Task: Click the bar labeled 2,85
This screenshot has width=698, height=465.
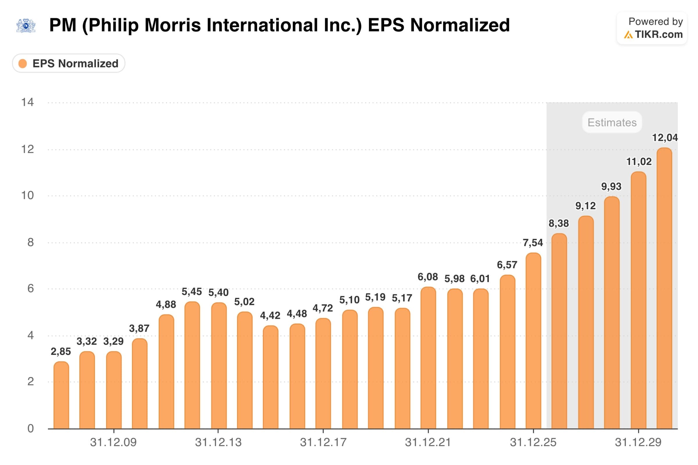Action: pos(61,395)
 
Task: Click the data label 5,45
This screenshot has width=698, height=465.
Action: pos(192,292)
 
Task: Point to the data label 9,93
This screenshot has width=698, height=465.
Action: pos(611,187)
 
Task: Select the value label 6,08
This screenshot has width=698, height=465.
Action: pos(428,277)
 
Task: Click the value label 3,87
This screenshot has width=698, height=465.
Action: pos(139,328)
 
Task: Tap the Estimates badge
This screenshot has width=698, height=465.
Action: pos(612,122)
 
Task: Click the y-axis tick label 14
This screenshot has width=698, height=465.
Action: pos(27,102)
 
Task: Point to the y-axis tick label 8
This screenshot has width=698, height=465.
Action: pos(30,243)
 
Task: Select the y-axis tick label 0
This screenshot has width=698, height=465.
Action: pos(30,428)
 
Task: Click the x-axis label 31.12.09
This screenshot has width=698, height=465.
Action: pos(113,442)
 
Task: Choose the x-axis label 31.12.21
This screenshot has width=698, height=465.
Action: pos(428,442)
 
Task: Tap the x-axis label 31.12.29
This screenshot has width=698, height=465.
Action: pos(638,442)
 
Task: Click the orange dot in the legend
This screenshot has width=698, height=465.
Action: pos(23,63)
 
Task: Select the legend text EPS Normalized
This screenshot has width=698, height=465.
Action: pos(75,63)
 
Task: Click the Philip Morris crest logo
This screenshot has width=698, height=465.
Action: pos(26,26)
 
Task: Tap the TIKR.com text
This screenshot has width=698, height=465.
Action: pos(658,34)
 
